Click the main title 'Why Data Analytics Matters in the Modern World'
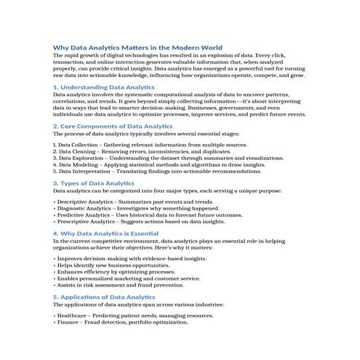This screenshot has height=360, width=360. click(x=137, y=46)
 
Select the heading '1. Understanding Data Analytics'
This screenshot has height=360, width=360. click(x=104, y=87)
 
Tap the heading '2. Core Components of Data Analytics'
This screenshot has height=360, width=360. click(x=116, y=126)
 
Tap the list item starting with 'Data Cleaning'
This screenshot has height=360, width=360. click(x=138, y=152)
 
